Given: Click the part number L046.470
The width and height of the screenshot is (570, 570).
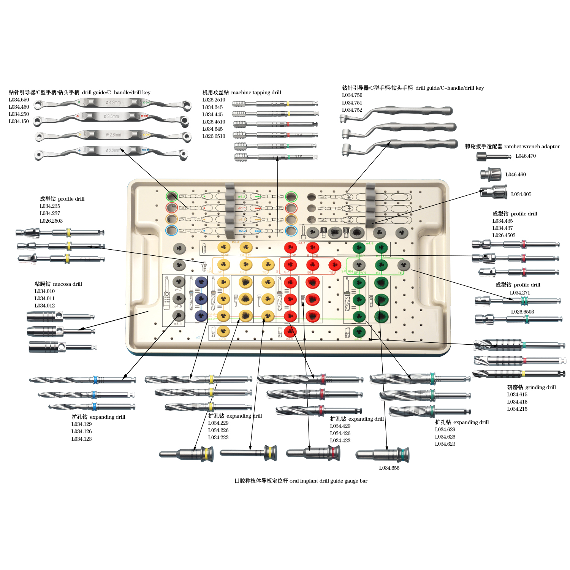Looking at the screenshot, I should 526,156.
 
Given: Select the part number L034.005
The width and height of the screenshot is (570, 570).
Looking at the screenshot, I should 521,194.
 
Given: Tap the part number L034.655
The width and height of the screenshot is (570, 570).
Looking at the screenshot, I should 389,468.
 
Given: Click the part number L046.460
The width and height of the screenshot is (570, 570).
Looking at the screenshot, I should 515,174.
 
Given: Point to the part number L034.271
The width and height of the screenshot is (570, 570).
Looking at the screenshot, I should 519,293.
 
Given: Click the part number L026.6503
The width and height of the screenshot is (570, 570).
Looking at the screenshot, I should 522,312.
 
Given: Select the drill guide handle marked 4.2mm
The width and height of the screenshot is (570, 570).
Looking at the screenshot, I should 112,103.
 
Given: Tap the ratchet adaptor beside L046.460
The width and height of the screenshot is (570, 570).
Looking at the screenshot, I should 489,174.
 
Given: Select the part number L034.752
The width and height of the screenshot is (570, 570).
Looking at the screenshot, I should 352,110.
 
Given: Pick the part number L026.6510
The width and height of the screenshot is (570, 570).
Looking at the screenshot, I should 214,136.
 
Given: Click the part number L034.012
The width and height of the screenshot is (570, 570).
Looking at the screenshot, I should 44,306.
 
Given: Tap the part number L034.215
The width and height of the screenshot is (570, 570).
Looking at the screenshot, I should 517,409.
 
